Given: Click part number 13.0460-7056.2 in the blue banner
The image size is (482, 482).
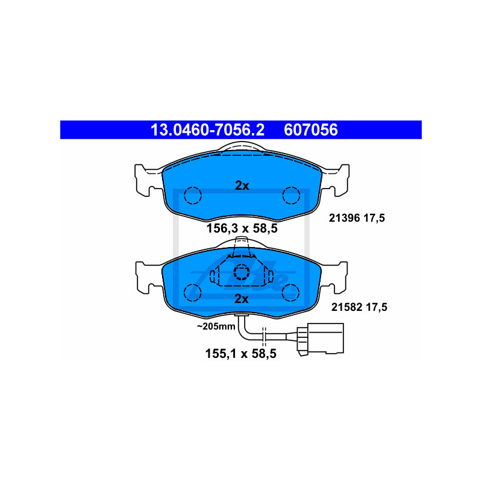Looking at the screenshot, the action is coord(207,130).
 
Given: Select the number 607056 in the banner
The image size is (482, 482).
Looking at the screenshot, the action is coord(311,130).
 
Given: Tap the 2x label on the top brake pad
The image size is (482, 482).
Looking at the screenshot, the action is coord(242,186).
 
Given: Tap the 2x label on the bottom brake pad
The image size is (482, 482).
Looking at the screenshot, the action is coord(242,299).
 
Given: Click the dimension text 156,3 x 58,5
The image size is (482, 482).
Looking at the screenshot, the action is coord(242,228).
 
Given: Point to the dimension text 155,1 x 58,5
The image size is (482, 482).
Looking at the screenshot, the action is coord(240,354).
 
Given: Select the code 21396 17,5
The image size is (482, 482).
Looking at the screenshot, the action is coord(357,218).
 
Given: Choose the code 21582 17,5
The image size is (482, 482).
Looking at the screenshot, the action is coord(359,307).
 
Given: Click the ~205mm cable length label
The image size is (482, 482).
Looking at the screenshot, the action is coord(216,326).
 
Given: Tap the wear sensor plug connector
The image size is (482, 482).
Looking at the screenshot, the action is coord(320,339).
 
